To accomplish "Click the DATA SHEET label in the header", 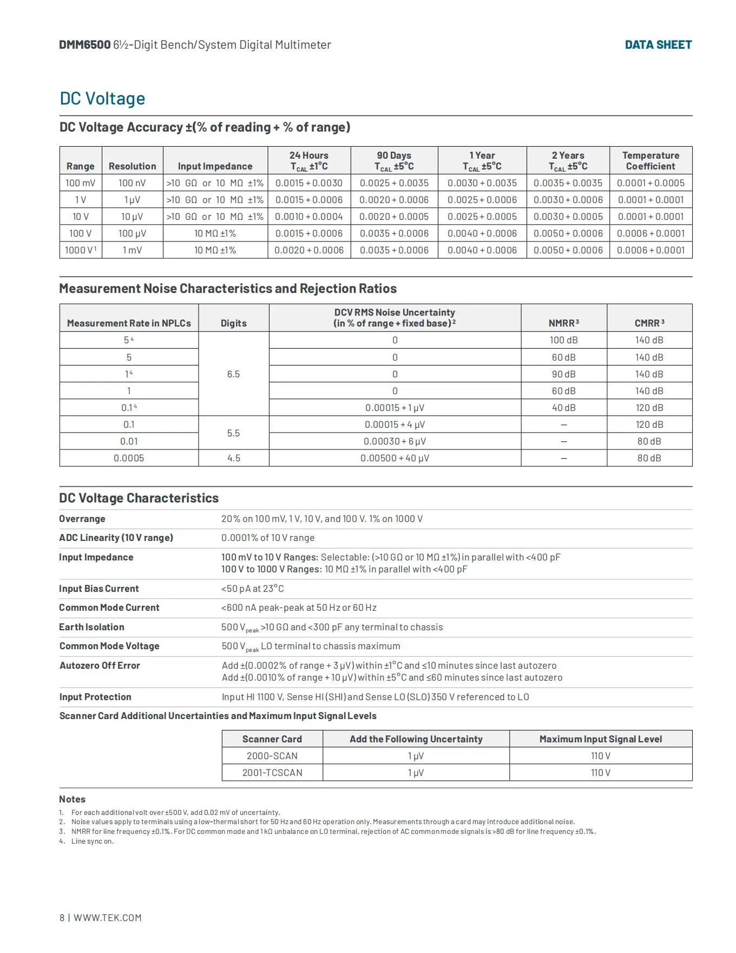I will click(658, 45).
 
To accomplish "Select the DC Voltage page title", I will click(102, 99).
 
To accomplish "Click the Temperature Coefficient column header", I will click(650, 161).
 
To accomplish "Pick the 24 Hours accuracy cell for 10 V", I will click(309, 217).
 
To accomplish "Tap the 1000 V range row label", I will click(80, 250).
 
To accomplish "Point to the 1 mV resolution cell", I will click(132, 250).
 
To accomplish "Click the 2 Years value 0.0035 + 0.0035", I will click(568, 183).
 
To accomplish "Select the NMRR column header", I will click(563, 323).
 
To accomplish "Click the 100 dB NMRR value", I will click(563, 340).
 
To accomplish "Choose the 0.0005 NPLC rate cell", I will click(129, 458).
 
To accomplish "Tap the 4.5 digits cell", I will click(234, 458).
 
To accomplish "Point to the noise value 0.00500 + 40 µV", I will click(395, 458).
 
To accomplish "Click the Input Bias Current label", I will click(99, 589).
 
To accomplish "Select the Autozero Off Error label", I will click(100, 665).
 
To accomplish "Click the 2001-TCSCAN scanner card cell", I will click(272, 773).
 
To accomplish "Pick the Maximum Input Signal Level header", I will click(601, 739).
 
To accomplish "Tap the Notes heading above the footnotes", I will click(72, 799).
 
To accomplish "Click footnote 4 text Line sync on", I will click(93, 841).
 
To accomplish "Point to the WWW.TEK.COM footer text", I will click(107, 918).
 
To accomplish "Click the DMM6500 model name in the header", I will click(85, 45).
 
